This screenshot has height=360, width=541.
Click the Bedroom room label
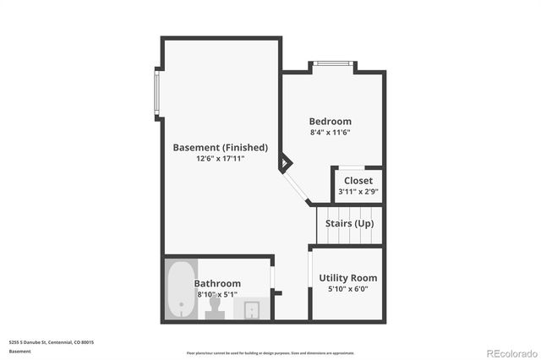point(330,122)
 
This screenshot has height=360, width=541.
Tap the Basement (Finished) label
point(220,147)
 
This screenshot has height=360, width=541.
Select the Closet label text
point(358,181)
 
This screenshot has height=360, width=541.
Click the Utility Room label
point(347,278)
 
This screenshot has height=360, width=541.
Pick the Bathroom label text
point(217,283)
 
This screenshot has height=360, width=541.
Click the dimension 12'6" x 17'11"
point(220,158)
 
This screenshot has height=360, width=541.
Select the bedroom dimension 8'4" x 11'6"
point(330,133)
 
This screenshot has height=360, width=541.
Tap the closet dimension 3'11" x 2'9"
point(358,192)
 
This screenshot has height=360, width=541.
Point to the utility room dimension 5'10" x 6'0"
point(347,289)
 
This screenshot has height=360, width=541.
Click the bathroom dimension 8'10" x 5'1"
point(217,294)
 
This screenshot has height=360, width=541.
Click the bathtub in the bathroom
point(179,290)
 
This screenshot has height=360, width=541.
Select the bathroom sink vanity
point(251,309)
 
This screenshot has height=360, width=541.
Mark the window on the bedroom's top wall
point(331,63)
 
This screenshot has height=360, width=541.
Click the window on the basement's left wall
point(156,92)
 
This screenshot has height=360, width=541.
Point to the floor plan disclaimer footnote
point(270,352)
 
